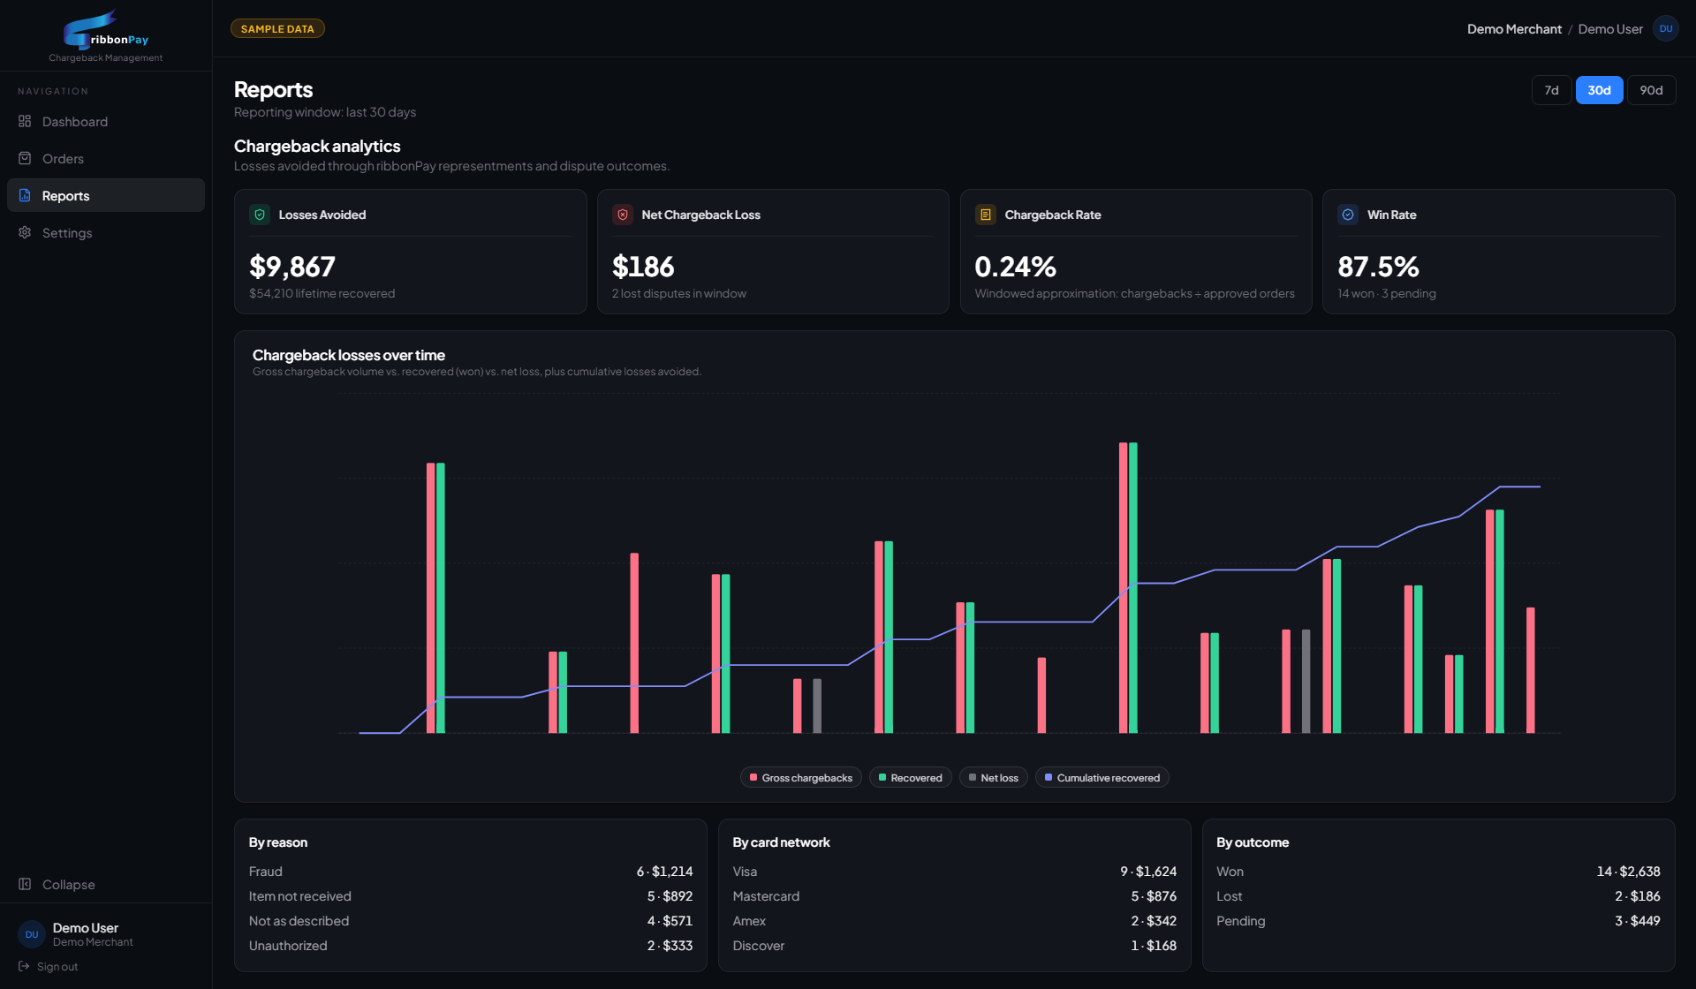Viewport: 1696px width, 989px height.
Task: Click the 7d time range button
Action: [1551, 90]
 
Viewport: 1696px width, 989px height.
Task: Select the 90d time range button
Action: [1651, 90]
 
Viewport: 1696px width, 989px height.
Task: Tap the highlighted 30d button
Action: [1599, 90]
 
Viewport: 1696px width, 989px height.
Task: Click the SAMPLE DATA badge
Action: [277, 29]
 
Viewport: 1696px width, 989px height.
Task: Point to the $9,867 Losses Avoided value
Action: [292, 267]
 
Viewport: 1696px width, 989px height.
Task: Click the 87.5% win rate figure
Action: [1378, 267]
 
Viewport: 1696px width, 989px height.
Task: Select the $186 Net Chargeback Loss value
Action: [643, 267]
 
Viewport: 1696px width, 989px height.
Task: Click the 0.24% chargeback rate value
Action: [1016, 267]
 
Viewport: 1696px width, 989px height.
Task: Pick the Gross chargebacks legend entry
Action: [801, 778]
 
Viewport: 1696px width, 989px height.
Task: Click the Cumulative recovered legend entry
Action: [1102, 778]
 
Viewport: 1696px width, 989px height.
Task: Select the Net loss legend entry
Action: [994, 778]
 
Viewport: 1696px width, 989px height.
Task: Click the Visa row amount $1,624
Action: [1156, 872]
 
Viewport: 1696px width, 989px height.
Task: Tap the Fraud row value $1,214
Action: [672, 872]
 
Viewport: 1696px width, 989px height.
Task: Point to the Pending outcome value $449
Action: [1646, 921]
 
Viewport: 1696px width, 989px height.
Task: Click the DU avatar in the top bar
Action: [1666, 29]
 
